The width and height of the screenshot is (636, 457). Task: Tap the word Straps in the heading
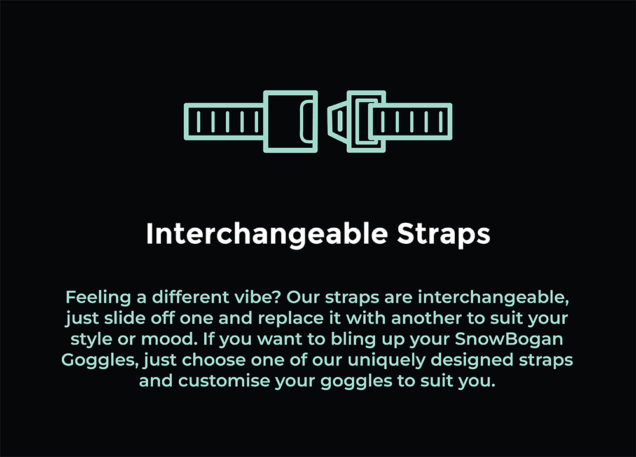pos(443,235)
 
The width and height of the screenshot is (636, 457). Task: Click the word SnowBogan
pos(509,339)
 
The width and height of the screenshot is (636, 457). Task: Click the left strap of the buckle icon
pos(225,122)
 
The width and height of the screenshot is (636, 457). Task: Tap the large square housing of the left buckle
pos(291,122)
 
